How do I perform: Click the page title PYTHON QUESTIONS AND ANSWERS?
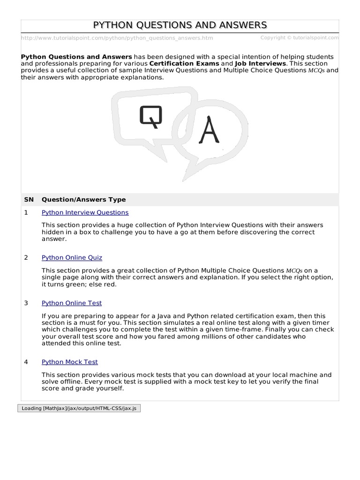180,25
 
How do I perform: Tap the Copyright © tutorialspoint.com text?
299,37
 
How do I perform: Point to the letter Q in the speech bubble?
150,117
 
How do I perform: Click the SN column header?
29,199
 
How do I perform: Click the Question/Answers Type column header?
83,199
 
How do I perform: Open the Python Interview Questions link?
85,212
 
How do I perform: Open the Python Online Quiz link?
72,257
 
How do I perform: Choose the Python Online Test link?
72,303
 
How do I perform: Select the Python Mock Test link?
70,362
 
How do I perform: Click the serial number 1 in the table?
26,212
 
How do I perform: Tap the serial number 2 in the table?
26,257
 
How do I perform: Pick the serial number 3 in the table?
26,303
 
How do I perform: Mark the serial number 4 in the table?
26,362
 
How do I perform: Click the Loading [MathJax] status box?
79,408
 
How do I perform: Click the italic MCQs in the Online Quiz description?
294,270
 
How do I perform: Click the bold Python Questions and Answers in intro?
76,56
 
